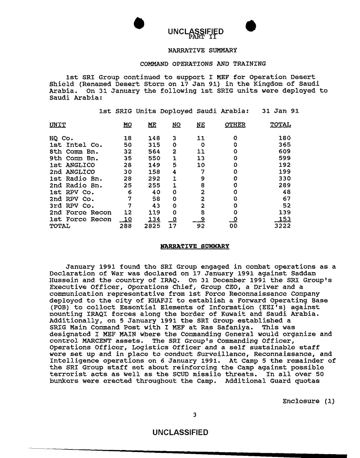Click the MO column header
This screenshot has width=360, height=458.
(127, 125)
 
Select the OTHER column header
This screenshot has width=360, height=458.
(235, 125)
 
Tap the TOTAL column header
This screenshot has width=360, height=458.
(280, 125)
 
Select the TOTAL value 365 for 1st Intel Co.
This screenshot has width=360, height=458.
(285, 145)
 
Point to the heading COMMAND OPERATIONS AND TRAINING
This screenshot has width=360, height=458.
(203, 64)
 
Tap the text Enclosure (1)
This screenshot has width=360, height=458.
(309, 401)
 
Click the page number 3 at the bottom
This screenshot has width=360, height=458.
(194, 415)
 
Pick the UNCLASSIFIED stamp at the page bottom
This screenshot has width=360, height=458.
(180, 432)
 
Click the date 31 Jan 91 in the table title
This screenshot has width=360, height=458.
(280, 111)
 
